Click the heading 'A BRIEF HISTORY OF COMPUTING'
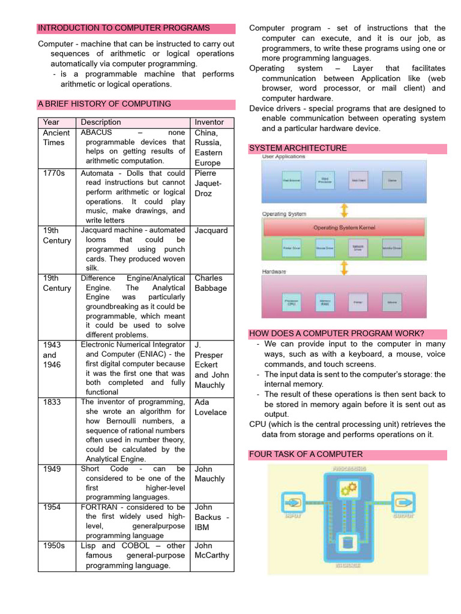(x=104, y=104)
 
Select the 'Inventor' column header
(x=209, y=122)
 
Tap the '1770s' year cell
(x=54, y=173)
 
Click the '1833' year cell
(x=52, y=402)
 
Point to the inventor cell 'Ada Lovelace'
(x=211, y=407)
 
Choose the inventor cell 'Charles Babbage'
(x=211, y=283)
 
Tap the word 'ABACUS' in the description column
(x=97, y=133)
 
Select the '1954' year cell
(x=52, y=507)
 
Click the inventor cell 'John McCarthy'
(x=212, y=550)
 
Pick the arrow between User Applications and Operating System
(x=344, y=210)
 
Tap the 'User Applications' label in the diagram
(x=283, y=157)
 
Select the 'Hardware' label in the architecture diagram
(x=275, y=272)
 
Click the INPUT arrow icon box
(x=292, y=502)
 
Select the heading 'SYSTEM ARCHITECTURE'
(x=298, y=148)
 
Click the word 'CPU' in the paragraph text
(x=258, y=425)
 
